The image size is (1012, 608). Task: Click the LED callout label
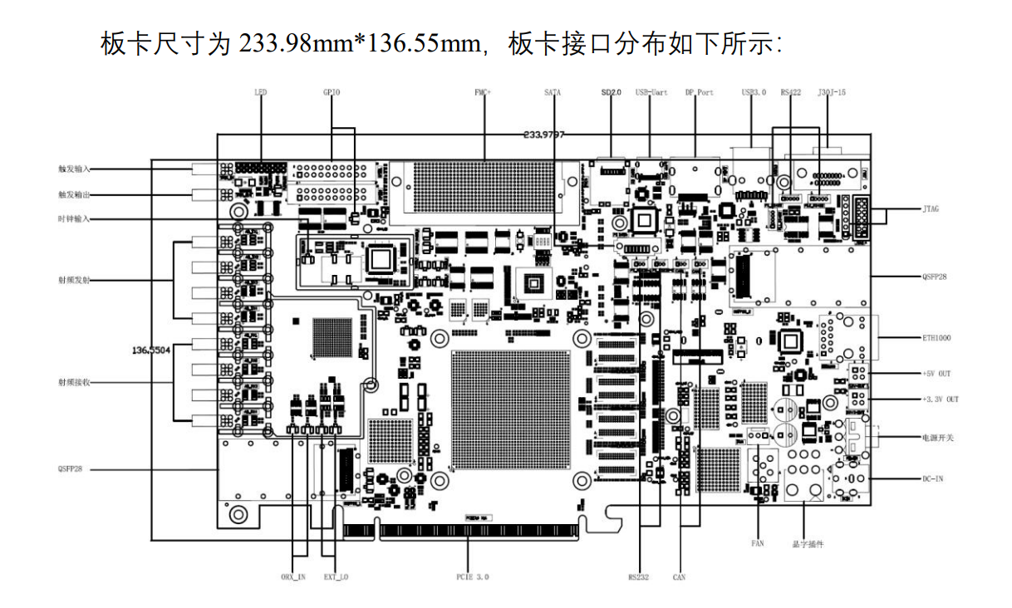point(261,92)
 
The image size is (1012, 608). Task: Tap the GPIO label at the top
point(331,92)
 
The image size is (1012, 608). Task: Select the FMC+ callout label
point(483,92)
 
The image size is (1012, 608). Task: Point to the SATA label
point(553,92)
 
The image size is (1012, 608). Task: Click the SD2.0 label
point(611,92)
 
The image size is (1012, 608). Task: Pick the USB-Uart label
point(652,92)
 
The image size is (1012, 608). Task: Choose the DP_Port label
point(700,92)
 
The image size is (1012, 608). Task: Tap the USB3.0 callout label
point(753,92)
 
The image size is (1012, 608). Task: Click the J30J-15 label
point(832,92)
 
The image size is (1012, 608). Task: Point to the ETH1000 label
point(935,338)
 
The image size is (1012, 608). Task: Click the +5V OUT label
point(936,374)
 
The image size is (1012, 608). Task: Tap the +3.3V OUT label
point(940,400)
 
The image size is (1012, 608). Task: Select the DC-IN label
point(932,479)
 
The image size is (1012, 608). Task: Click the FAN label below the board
point(757,543)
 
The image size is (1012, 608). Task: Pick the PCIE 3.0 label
point(473,576)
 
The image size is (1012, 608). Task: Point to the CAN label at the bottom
point(678,576)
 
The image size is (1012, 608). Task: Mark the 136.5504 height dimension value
point(151,351)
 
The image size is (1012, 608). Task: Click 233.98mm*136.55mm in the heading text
point(361,43)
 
